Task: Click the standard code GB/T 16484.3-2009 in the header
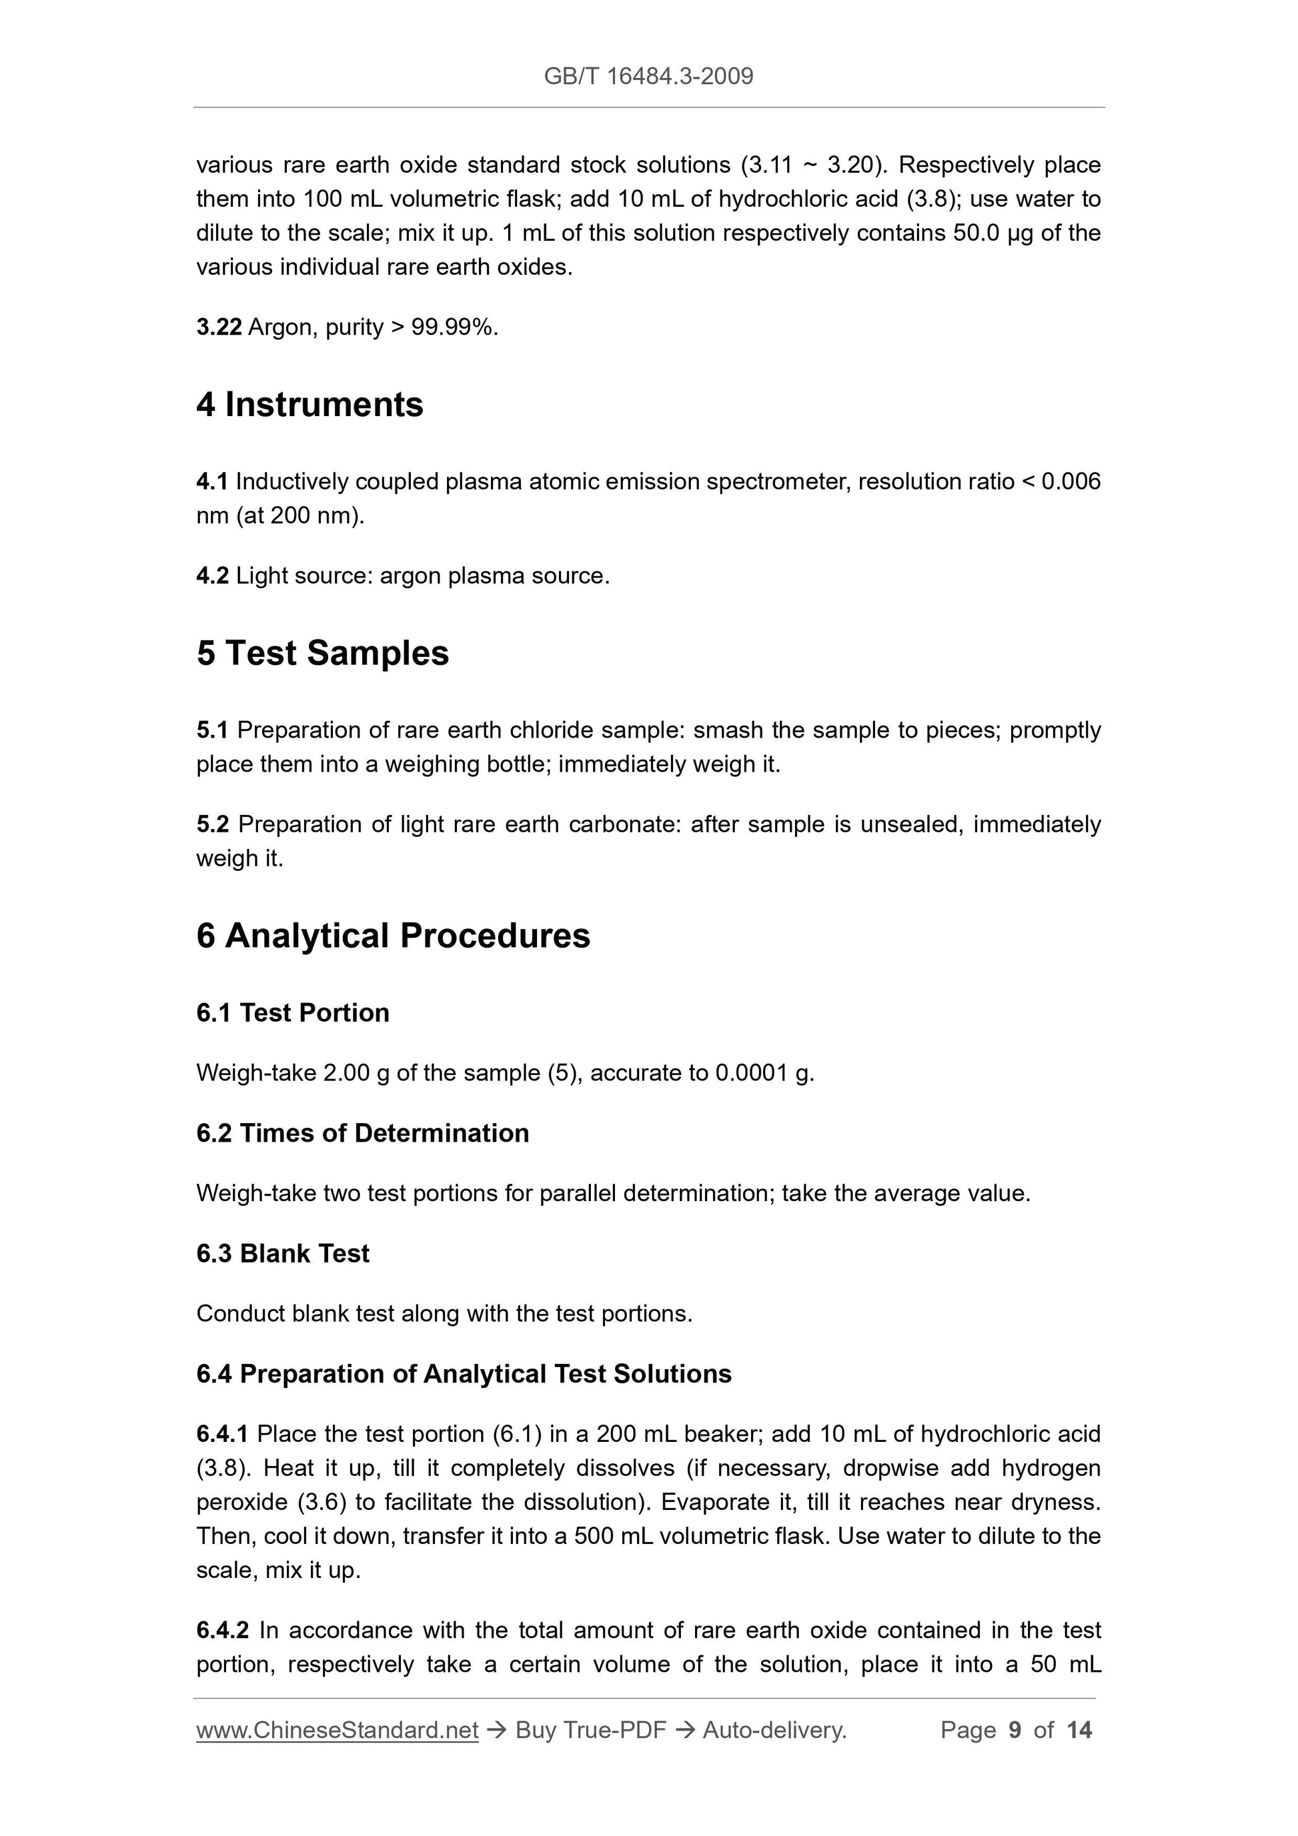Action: (648, 76)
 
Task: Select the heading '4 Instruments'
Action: (309, 405)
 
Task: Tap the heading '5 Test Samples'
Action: (322, 654)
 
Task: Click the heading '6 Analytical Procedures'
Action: (393, 936)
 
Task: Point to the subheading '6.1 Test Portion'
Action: (293, 1012)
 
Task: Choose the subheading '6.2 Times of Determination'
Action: (362, 1133)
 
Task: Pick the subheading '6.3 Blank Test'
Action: (282, 1253)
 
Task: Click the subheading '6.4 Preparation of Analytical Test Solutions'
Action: (464, 1374)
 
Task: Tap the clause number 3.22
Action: (218, 327)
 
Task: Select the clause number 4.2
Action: (212, 576)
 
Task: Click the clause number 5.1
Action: (212, 730)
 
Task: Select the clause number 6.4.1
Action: (222, 1434)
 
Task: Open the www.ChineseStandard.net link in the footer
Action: (337, 1731)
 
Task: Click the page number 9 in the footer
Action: (1015, 1731)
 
